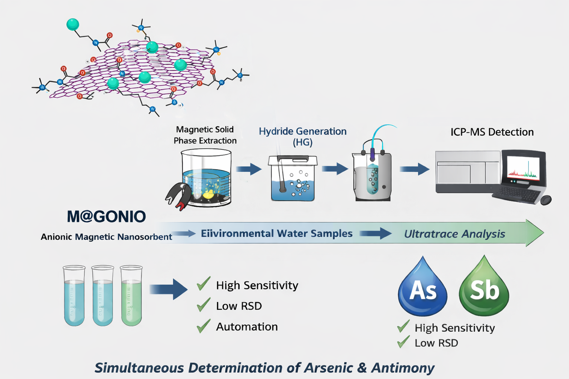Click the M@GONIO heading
pyautogui.click(x=106, y=217)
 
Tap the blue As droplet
pyautogui.click(x=423, y=291)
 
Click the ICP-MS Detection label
pyautogui.click(x=492, y=132)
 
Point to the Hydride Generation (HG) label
pyautogui.click(x=303, y=137)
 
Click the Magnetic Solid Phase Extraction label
pyautogui.click(x=205, y=135)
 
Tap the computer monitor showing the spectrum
pyautogui.click(x=523, y=169)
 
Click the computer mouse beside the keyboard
pyautogui.click(x=546, y=200)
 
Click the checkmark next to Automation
pyautogui.click(x=203, y=326)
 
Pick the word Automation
pyautogui.click(x=247, y=327)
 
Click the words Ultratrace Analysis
pyautogui.click(x=455, y=234)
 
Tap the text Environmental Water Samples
pyautogui.click(x=276, y=234)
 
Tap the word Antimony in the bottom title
pyautogui.click(x=403, y=368)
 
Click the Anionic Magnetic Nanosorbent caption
pyautogui.click(x=106, y=237)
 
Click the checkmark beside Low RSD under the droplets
pyautogui.click(x=403, y=342)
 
